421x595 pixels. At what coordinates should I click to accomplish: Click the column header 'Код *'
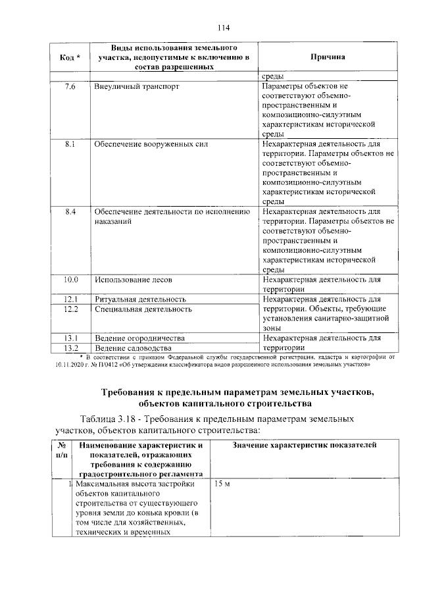70,58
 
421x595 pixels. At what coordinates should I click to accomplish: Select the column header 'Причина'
327,58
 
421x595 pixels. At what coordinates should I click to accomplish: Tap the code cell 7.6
70,87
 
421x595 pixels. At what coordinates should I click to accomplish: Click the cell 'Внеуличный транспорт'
137,87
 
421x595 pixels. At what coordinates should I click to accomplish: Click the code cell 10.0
70,280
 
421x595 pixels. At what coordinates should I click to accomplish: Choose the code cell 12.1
70,299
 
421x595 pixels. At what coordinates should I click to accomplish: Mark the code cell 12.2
70,309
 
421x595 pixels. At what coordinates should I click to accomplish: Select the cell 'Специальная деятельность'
143,309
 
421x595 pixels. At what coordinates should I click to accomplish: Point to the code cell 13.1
70,338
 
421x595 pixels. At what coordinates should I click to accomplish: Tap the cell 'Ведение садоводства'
134,348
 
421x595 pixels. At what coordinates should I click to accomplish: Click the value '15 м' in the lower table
222,484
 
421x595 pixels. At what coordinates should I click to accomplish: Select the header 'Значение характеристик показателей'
305,446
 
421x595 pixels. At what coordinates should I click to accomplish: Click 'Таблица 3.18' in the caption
109,419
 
